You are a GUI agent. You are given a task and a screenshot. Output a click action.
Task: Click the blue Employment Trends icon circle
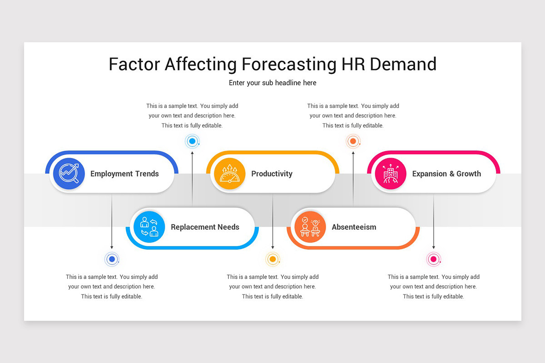69,173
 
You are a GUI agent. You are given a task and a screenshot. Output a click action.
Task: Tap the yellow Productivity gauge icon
229,173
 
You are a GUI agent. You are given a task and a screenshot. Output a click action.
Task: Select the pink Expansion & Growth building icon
391,173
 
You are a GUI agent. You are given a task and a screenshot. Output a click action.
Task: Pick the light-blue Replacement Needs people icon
149,227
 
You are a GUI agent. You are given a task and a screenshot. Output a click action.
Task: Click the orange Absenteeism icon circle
310,227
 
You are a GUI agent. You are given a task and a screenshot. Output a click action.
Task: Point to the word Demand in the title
403,64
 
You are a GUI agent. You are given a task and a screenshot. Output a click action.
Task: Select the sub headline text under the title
272,83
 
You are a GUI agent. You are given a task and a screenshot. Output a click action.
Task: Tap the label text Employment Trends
124,174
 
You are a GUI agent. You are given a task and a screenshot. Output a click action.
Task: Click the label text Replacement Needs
205,227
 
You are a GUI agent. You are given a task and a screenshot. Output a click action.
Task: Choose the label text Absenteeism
354,227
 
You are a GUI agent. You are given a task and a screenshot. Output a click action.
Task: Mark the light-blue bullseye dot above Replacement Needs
192,141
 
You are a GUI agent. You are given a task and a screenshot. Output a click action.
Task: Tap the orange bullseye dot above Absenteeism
353,141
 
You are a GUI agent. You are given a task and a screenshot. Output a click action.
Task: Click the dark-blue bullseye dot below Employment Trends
112,259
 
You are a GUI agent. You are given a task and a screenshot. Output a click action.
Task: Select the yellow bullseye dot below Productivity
272,259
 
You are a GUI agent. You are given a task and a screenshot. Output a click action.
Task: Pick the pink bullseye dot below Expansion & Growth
433,259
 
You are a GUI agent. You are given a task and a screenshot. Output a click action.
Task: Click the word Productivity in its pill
272,174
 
